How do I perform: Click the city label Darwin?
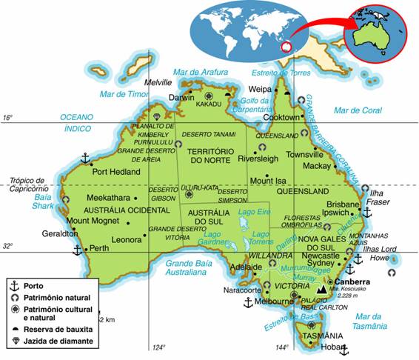182,97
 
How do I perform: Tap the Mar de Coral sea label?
357,110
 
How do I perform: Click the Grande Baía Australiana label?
185,267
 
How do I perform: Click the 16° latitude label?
8,118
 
